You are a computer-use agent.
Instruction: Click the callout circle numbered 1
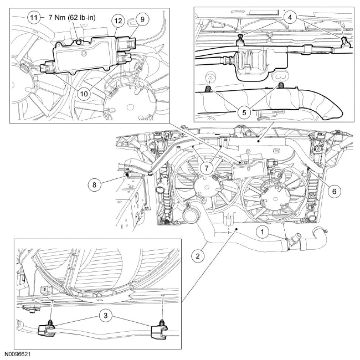click(x=263, y=232)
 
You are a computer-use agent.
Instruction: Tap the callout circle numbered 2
click(x=198, y=255)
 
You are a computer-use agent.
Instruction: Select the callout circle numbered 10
click(x=85, y=93)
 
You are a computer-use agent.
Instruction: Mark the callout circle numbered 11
click(x=34, y=17)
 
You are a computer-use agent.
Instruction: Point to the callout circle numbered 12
click(x=118, y=22)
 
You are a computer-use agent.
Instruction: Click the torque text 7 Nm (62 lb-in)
click(x=72, y=18)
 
